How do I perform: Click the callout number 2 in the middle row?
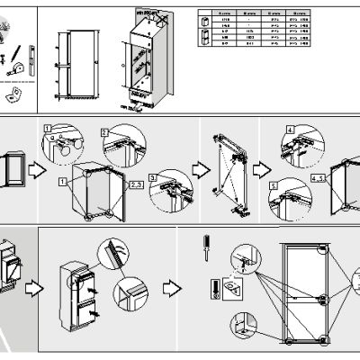[x=105, y=131]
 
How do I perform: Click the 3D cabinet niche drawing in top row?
[x=147, y=58]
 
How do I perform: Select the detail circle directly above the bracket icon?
[x=241, y=257]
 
